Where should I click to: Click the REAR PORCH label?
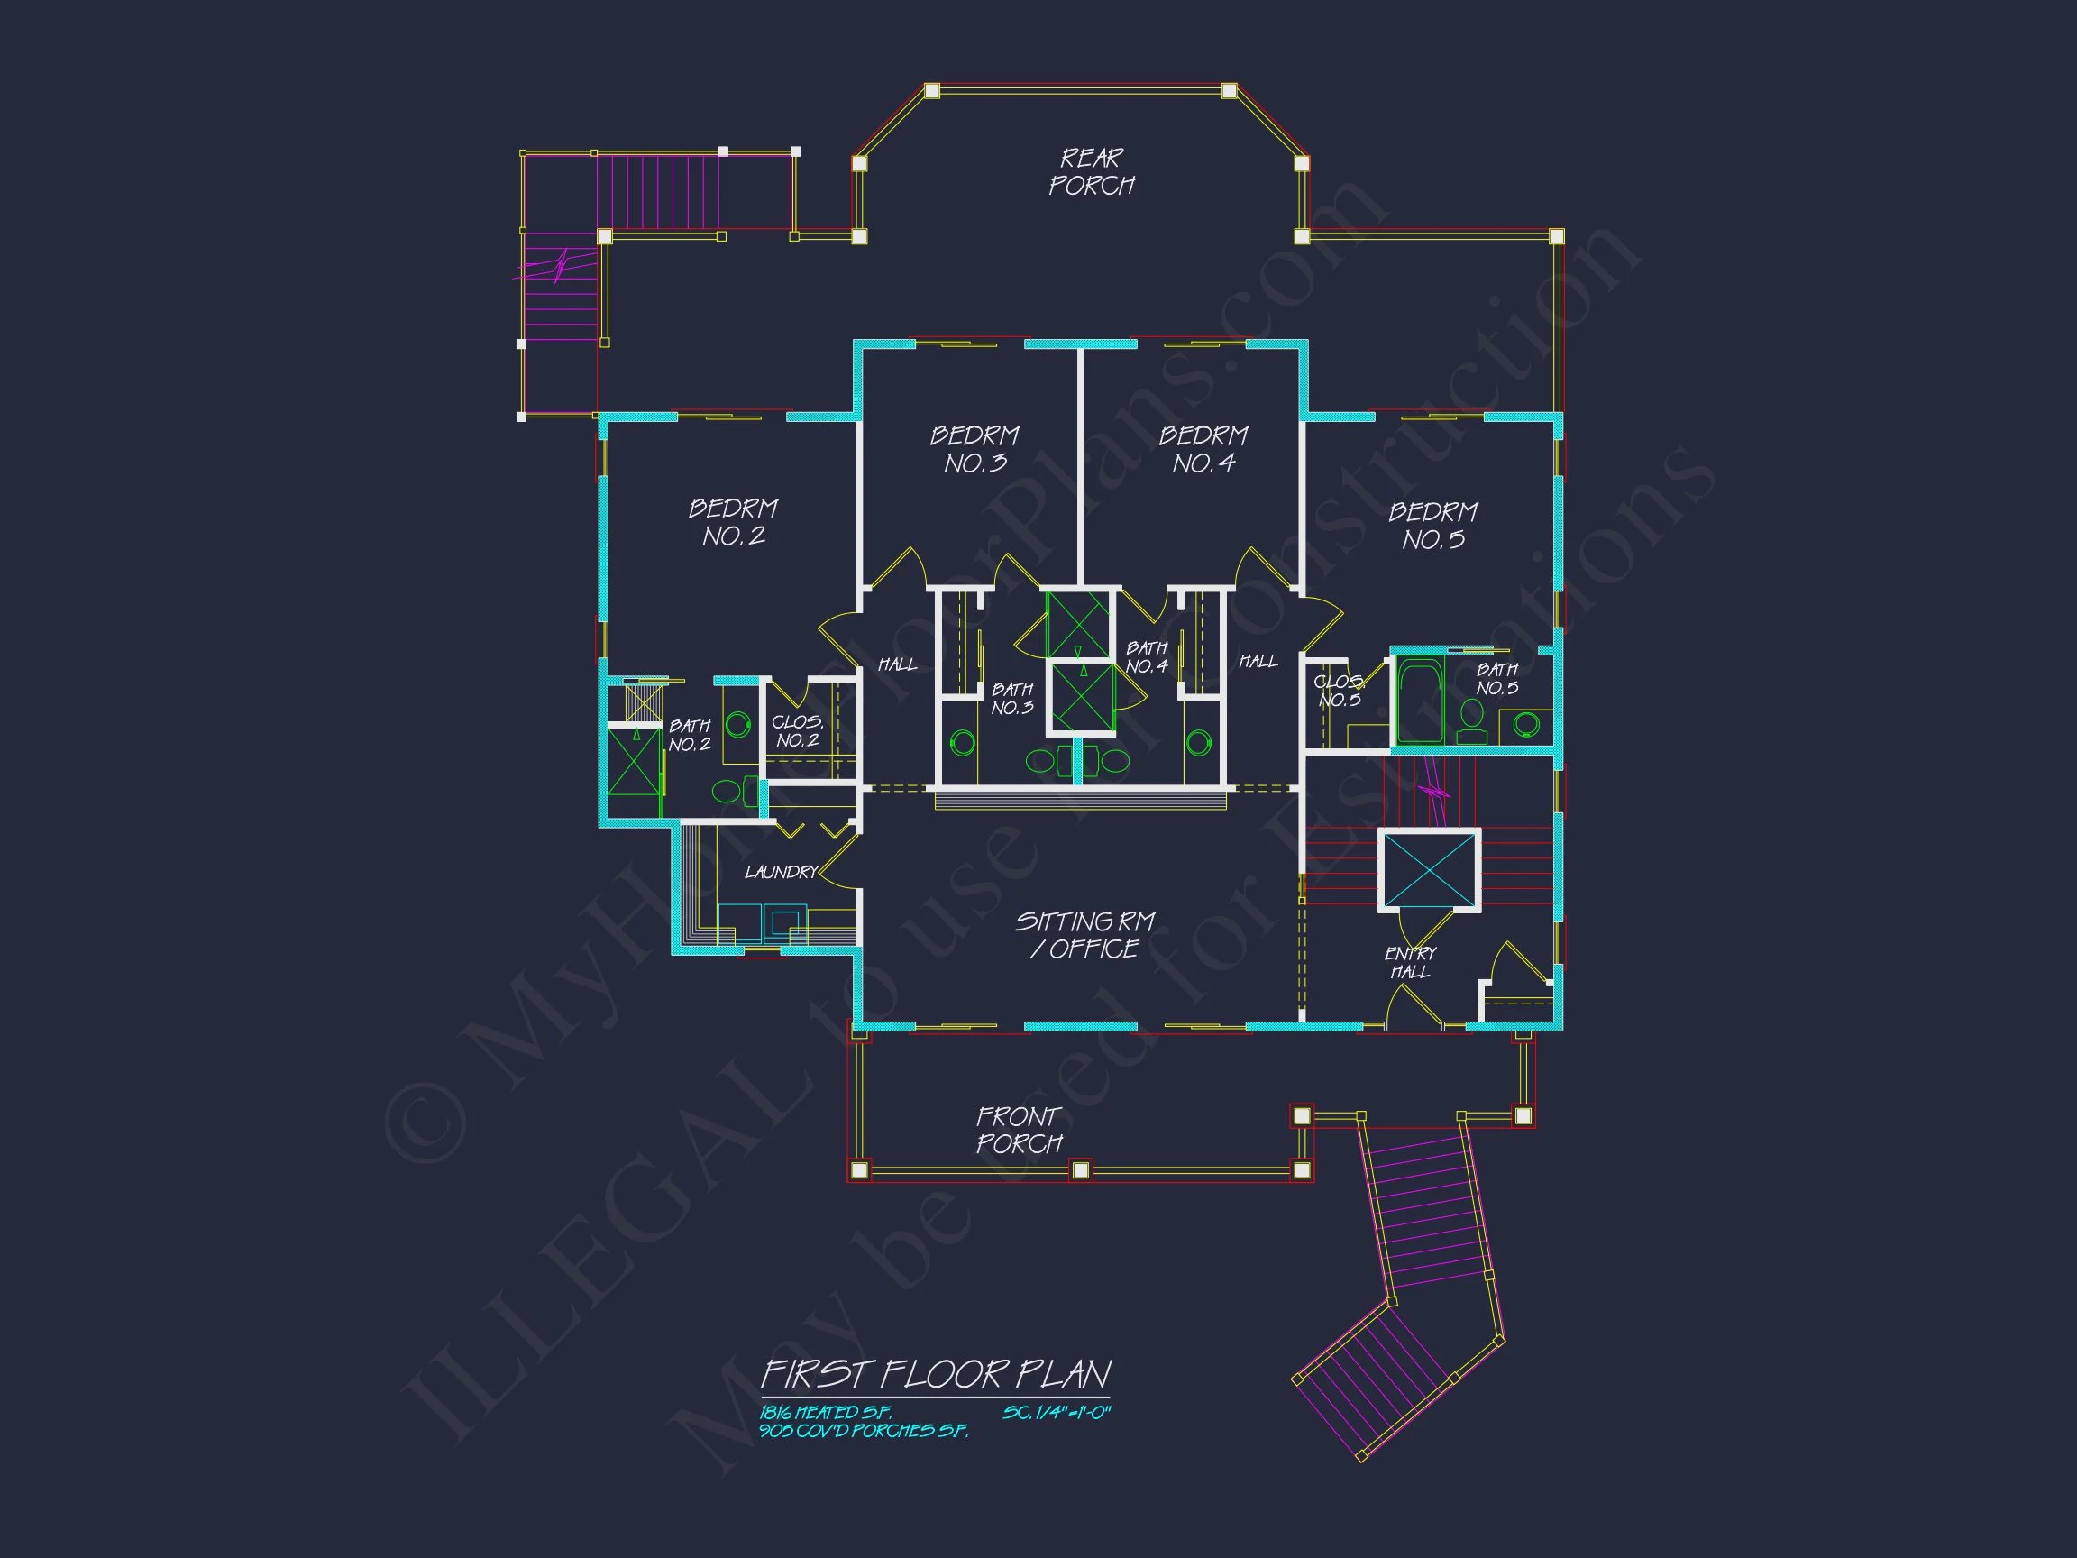(1091, 172)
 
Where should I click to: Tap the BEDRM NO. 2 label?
(733, 522)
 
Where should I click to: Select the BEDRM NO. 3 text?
(974, 449)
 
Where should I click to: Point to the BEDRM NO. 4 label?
(1203, 449)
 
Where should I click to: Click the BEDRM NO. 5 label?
(1432, 525)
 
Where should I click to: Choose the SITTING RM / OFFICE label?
(1084, 934)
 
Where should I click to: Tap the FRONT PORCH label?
(1019, 1130)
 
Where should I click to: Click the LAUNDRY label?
(782, 873)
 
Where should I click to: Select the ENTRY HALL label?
(1410, 963)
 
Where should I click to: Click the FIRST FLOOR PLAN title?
(935, 1375)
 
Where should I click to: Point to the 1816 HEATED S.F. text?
(826, 1413)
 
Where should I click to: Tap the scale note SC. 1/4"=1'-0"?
(1057, 1413)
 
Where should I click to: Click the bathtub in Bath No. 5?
(1420, 700)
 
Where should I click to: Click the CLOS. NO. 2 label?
(797, 730)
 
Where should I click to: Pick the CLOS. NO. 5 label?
(1339, 691)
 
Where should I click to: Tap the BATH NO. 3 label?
(1012, 699)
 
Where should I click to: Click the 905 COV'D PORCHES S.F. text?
(864, 1431)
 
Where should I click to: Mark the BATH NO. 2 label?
(690, 736)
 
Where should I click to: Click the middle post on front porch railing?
(1081, 1170)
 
